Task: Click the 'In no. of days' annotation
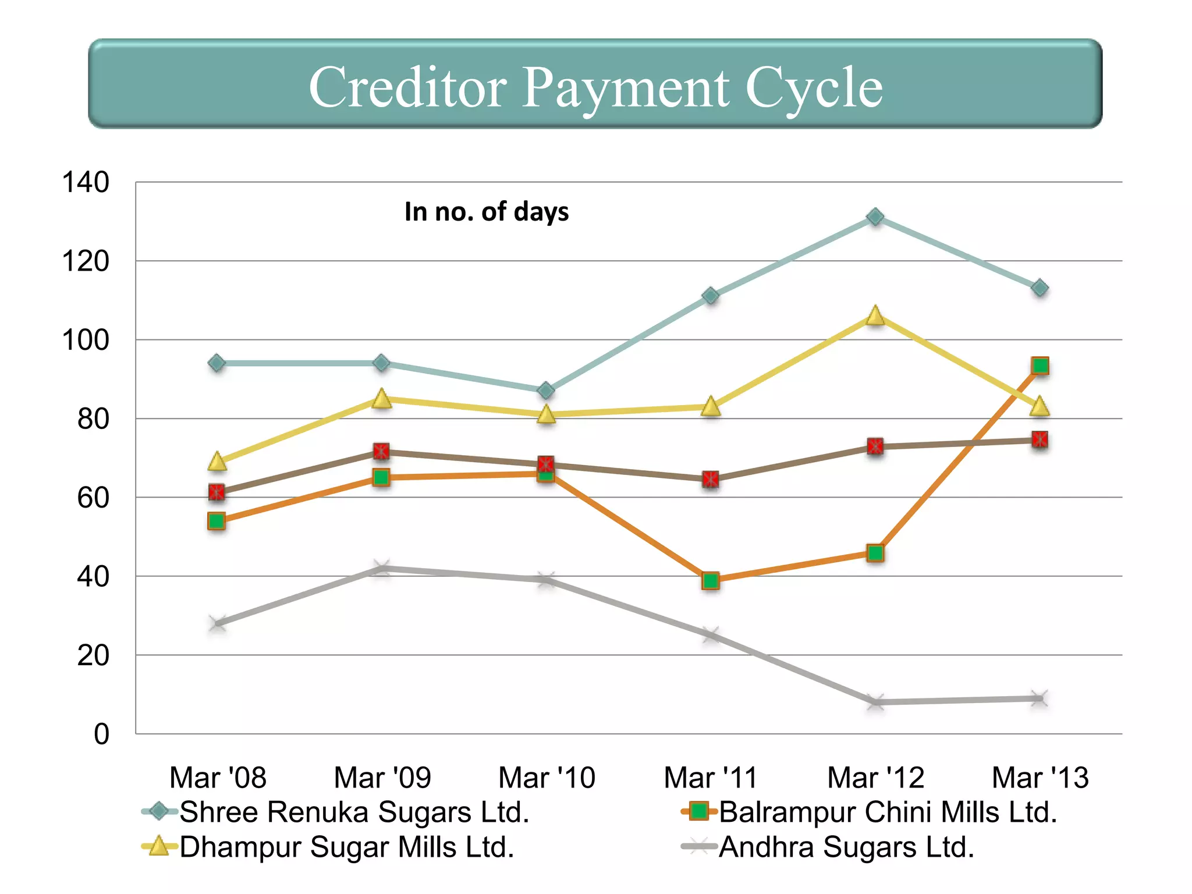coord(487,212)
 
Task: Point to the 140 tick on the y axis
coord(86,182)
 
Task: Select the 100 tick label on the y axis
coord(86,340)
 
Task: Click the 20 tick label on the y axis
coord(93,655)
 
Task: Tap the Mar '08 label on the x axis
coord(218,778)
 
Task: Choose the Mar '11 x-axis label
coord(710,778)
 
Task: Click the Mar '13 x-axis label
coord(1040,778)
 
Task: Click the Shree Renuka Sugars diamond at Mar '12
coord(875,217)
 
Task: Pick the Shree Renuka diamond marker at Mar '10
coord(546,391)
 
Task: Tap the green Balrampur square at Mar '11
coord(710,580)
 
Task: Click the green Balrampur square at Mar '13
coord(1040,366)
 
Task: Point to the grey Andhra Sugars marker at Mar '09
coord(381,567)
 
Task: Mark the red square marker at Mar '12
coord(875,446)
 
